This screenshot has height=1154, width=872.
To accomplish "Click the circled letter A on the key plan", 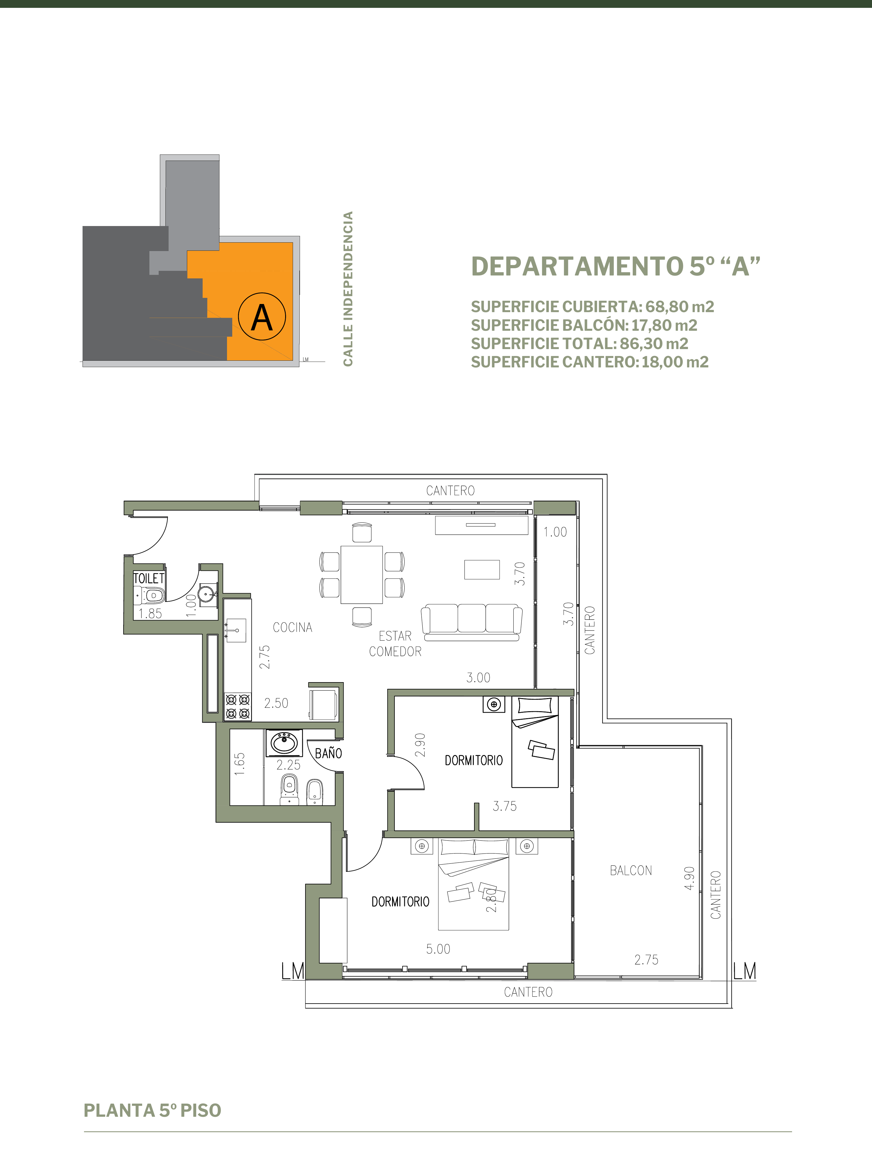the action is coord(262,317).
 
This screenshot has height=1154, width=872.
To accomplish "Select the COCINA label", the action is coord(292,627).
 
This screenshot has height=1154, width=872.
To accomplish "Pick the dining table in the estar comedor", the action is coord(362,575).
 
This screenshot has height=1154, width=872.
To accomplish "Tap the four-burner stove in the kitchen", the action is coord(238,707).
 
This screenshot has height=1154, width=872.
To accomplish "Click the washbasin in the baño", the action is coord(284,742).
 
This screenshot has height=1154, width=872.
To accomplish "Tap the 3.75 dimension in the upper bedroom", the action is coord(505,806).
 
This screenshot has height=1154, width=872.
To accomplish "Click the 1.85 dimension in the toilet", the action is coord(150,614).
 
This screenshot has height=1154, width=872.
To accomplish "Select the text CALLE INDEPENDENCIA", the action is coord(348,289).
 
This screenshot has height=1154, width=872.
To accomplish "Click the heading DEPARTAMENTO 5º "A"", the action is coord(616,266).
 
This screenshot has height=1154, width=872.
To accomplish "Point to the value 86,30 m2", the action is coord(654,344).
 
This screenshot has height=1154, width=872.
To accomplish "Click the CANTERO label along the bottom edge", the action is coord(528,992).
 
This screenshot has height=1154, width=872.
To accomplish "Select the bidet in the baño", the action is coord(315,792).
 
